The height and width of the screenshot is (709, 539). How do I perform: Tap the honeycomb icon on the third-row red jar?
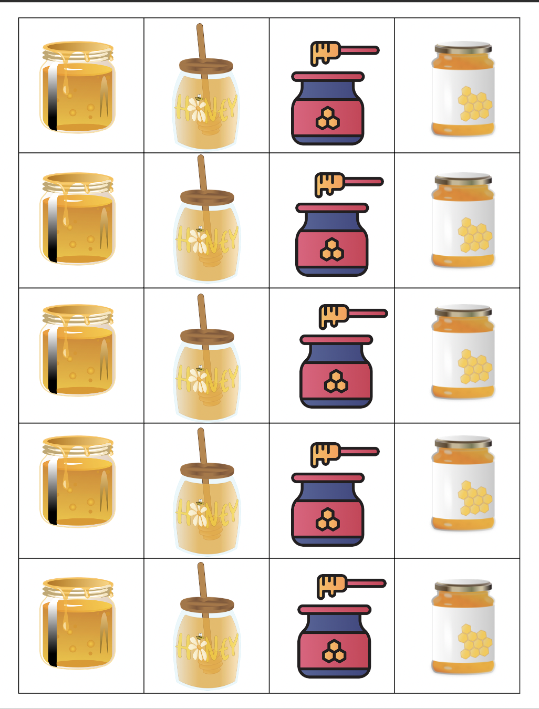point(336,381)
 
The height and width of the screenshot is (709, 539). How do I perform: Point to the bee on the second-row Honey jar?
point(200,229)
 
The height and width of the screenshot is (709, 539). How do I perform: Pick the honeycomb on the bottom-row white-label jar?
point(474,641)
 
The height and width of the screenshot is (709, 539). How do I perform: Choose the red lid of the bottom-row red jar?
point(334,610)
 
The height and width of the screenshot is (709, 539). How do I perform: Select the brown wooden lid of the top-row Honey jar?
point(206,66)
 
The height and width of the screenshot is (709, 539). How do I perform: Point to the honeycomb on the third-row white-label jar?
point(474,367)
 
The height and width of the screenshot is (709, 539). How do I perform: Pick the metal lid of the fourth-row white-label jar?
point(463,442)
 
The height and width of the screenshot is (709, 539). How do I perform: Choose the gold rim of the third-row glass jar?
point(78,314)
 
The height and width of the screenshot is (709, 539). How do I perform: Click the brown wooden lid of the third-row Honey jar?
point(207,336)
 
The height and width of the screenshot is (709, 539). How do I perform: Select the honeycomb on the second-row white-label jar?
point(474,235)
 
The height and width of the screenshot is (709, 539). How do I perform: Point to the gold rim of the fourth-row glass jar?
point(78,445)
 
